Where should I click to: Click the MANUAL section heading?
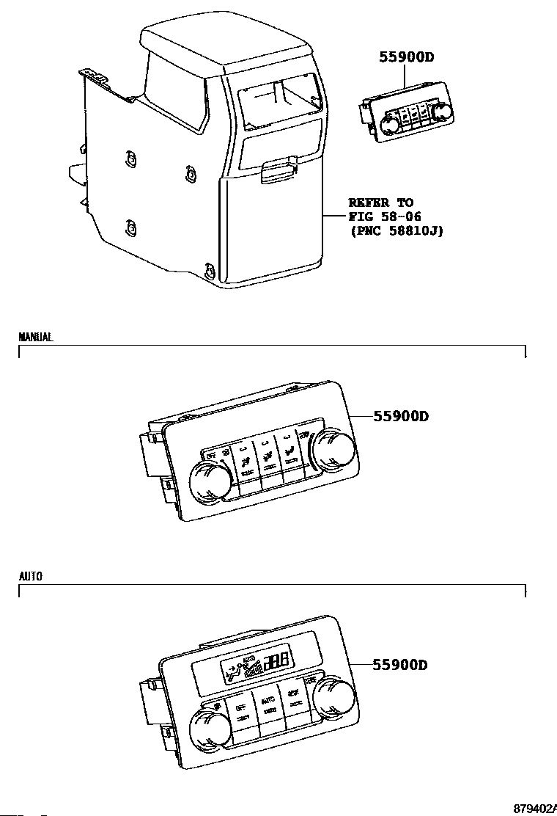pyautogui.click(x=35, y=338)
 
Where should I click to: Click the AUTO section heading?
pyautogui.click(x=30, y=577)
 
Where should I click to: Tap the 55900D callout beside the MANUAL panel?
pyautogui.click(x=401, y=417)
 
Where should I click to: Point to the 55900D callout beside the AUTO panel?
pyautogui.click(x=401, y=666)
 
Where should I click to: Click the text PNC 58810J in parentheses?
pyautogui.click(x=396, y=230)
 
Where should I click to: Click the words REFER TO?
pyautogui.click(x=380, y=203)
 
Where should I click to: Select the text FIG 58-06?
pyautogui.click(x=385, y=216)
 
